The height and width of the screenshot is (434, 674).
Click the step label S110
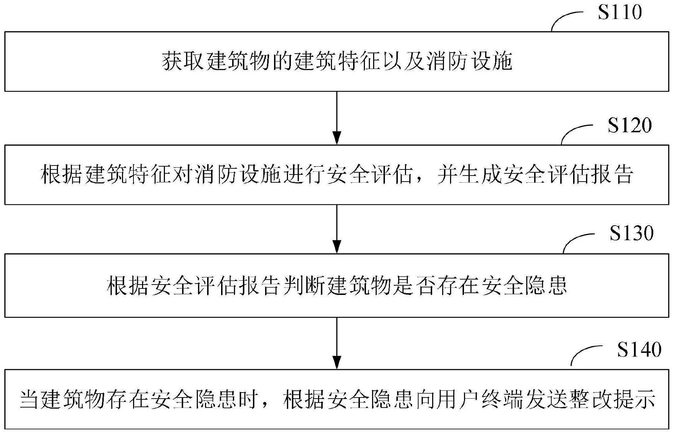point(620,13)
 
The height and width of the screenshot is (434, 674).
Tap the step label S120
point(630,126)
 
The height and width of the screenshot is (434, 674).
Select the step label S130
point(631,233)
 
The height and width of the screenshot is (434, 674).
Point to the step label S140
point(639,350)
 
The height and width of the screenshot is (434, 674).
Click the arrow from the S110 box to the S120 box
point(337,118)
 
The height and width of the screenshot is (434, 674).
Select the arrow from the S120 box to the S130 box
point(337,229)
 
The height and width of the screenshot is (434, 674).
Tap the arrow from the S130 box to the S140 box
point(337,343)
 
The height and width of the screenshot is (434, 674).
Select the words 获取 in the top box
point(184,62)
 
